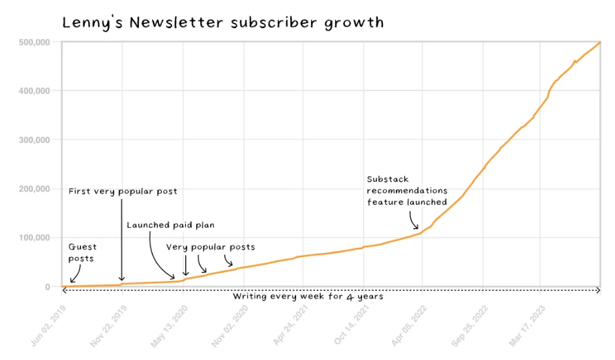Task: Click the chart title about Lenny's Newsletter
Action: (x=222, y=23)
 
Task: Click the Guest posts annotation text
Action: (x=82, y=252)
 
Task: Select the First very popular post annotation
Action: (x=123, y=192)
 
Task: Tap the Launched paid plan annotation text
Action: (x=170, y=225)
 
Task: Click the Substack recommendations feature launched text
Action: (x=407, y=190)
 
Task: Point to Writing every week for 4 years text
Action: (x=308, y=297)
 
